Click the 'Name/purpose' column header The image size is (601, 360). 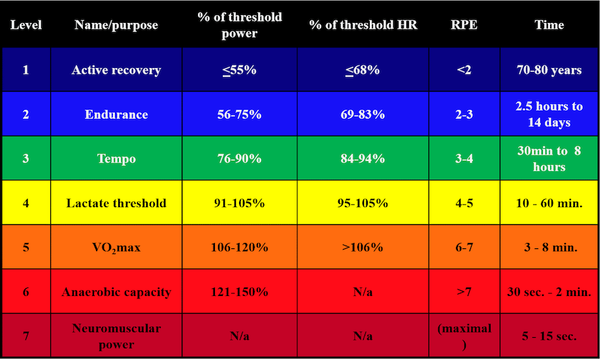coord(116,25)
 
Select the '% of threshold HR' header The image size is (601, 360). coord(363,25)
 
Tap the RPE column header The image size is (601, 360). coord(464,25)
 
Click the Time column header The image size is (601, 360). coord(549,25)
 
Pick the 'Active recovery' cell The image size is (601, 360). coord(116,70)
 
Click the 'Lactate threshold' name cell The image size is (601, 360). coord(116,203)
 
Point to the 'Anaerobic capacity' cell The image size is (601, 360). coord(116,292)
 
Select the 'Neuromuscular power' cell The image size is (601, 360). coord(116,336)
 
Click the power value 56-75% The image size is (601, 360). coord(239,114)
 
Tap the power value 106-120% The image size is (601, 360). coord(239,248)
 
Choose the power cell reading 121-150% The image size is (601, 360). coord(239,292)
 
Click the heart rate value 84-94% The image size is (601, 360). coord(363,159)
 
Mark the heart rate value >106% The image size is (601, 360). coord(363,248)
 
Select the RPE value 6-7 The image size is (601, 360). coord(464,248)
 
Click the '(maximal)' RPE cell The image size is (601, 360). coord(464,336)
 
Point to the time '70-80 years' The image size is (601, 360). coord(549,70)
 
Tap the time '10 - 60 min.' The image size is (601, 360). coord(549,203)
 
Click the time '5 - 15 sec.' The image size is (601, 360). coord(549,336)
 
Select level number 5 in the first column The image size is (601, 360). coord(26,248)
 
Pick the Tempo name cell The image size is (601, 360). coord(116,159)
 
